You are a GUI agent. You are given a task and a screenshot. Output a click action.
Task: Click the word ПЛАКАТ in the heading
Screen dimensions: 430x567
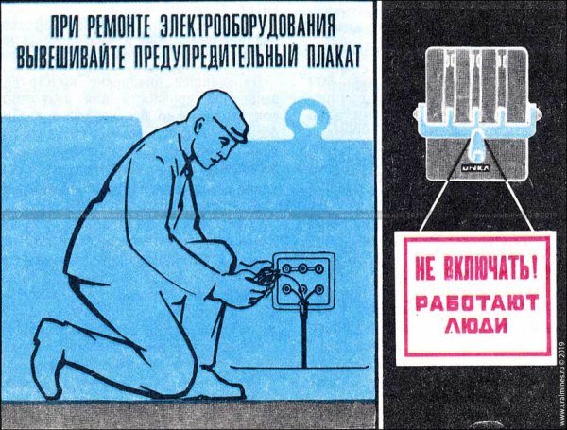tap(330, 55)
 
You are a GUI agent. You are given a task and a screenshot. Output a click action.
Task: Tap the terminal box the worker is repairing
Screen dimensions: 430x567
tap(301, 283)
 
